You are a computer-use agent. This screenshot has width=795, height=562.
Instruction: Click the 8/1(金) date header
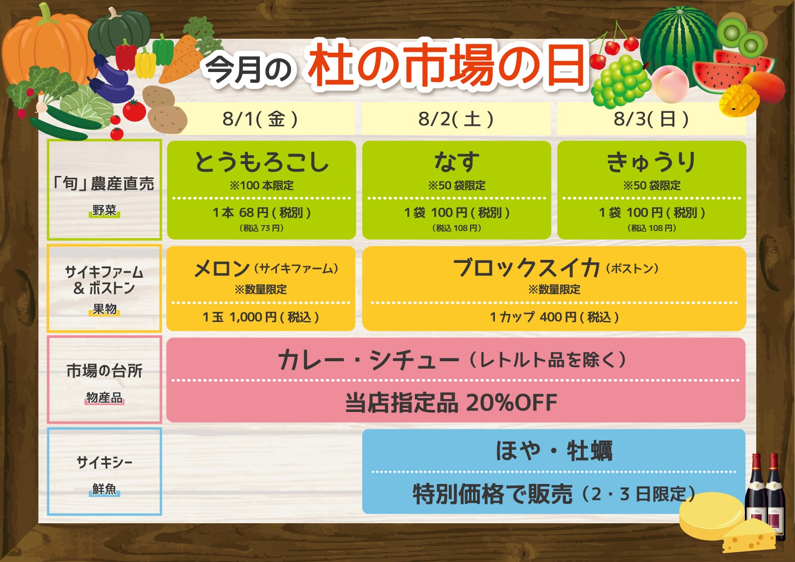click(260, 119)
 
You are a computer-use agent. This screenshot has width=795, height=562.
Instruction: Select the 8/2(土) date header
click(456, 119)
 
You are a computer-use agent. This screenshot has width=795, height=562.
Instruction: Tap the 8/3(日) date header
click(651, 119)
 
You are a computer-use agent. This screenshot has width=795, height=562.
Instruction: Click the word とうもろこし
click(261, 162)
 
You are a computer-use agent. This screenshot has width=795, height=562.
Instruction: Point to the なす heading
click(457, 162)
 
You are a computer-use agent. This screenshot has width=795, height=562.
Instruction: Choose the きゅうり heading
click(651, 162)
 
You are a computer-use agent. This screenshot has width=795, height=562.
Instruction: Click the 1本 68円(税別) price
click(261, 213)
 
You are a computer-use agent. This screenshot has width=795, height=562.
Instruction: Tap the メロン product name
click(222, 268)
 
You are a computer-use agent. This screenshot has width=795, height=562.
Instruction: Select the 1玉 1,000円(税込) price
click(261, 317)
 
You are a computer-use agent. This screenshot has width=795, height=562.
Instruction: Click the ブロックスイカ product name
click(527, 268)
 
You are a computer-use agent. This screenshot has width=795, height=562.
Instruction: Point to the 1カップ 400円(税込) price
click(554, 317)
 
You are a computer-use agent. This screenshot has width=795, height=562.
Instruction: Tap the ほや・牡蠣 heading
click(554, 451)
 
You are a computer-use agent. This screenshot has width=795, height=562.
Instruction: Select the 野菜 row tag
click(104, 211)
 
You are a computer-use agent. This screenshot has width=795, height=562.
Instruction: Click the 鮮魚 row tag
click(104, 489)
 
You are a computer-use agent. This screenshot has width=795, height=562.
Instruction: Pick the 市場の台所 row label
click(104, 371)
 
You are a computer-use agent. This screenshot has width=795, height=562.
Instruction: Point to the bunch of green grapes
click(621, 82)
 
